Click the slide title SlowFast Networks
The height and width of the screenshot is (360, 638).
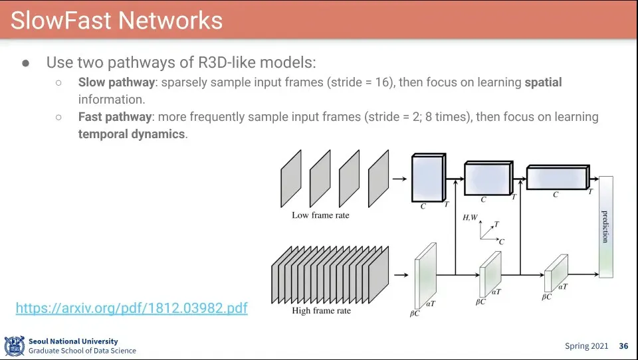coord(116,20)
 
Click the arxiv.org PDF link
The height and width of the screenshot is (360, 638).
coord(132,308)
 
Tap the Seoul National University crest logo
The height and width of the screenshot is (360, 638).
coord(14,346)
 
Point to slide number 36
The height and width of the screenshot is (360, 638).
coord(623,346)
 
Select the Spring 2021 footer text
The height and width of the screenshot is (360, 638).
coord(586,346)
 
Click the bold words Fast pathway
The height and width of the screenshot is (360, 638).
coord(114,117)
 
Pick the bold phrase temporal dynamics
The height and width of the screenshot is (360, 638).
coord(131,134)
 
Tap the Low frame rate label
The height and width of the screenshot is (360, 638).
coord(320,215)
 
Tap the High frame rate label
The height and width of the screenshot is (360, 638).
coord(322,310)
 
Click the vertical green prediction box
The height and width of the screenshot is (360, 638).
coord(605,226)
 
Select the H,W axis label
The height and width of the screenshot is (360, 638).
coord(470,217)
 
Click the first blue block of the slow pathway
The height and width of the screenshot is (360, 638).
coord(428,178)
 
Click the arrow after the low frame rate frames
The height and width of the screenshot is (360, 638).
coord(399,178)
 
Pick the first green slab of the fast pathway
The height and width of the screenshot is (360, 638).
coord(425,274)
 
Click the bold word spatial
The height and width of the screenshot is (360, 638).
coord(543,82)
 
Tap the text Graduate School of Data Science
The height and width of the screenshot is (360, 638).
coord(82,351)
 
